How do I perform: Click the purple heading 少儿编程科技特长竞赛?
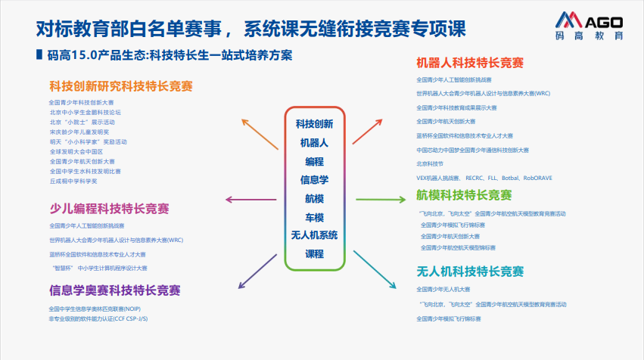(109, 208)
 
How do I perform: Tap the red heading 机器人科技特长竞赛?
(470, 62)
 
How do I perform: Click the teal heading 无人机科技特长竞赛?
(470, 271)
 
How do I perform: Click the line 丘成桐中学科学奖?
(73, 181)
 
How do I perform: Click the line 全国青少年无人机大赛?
(443, 289)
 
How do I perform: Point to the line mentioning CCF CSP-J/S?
(98, 319)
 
